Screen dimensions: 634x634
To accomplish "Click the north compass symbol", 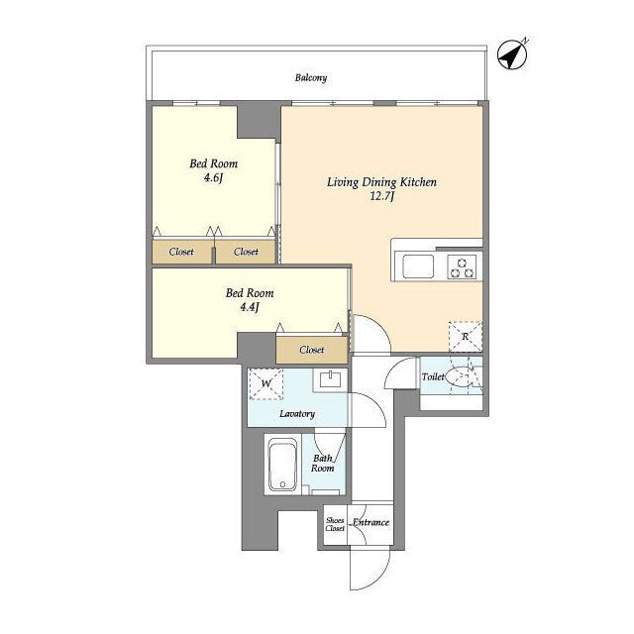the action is tap(512, 54).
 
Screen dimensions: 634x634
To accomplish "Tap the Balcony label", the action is tap(310, 77).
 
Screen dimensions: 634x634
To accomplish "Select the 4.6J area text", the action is tap(214, 178).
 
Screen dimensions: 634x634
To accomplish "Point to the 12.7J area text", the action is tap(382, 196).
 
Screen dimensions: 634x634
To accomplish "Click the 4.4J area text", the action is tap(250, 307).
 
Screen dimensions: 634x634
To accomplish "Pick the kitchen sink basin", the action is tap(418, 266).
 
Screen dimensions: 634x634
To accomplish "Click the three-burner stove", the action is tap(463, 267).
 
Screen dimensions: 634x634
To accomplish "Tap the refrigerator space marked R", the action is tap(466, 337).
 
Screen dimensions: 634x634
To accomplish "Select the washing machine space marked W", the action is tap(265, 383).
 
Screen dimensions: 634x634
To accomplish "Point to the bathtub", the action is tap(282, 465).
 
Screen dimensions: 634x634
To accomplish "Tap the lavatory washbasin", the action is tap(330, 379).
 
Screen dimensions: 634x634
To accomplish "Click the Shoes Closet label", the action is tap(335, 524).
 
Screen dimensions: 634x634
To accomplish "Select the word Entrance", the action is tap(371, 522).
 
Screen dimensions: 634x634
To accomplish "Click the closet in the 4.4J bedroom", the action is tap(312, 350).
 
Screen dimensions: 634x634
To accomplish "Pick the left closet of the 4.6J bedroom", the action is tap(182, 252).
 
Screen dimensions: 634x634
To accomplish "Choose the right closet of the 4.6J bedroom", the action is tap(246, 252).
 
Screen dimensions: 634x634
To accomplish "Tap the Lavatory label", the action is tap(297, 414).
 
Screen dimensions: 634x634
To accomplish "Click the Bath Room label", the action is tap(323, 464).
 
